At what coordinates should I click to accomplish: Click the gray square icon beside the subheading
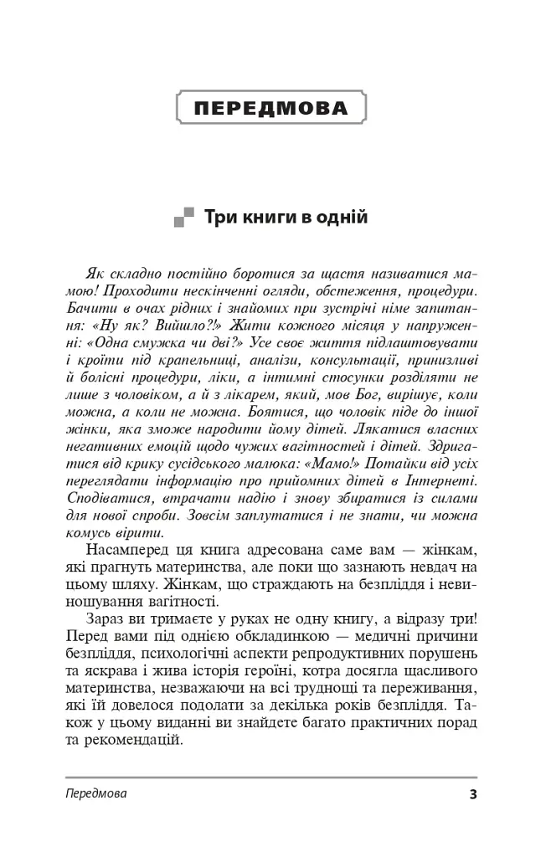pyautogui.click(x=183, y=219)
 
